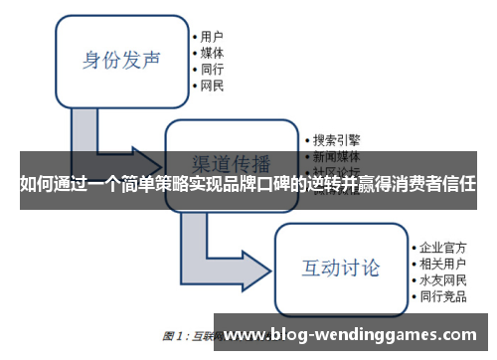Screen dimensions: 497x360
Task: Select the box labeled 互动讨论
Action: coord(341,268)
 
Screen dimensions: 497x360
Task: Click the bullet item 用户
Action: coord(212,36)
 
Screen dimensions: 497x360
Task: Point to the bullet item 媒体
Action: coord(212,53)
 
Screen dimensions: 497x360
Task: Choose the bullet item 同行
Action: coord(212,70)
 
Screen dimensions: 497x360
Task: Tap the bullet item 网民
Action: coord(212,87)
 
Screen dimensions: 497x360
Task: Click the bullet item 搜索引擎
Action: coord(338,140)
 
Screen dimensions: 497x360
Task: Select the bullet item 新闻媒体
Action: coord(338,157)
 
